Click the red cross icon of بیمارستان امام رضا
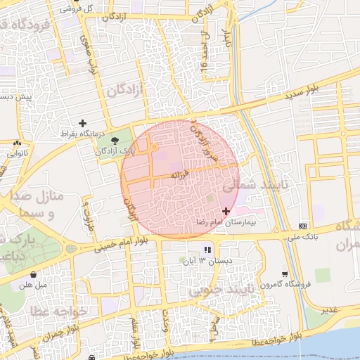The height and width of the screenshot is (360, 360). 225,211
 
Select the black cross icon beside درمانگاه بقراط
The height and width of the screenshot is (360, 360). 82,124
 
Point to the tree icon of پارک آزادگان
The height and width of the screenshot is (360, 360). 115,141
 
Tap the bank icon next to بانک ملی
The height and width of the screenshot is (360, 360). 302,226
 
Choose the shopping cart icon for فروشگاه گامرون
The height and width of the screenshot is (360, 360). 284,274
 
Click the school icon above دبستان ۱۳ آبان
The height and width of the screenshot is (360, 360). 207,250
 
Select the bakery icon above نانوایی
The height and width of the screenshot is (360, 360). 17,143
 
